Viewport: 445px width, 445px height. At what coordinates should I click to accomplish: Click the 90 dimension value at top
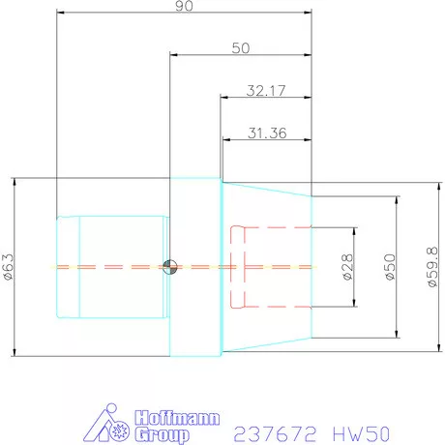[x=184, y=8]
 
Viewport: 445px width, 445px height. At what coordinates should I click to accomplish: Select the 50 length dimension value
[x=241, y=47]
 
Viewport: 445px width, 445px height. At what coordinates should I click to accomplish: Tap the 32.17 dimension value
[x=266, y=91]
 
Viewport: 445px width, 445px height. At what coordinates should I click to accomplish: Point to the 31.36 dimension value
[x=266, y=134]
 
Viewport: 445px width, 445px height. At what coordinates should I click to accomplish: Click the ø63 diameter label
[x=9, y=267]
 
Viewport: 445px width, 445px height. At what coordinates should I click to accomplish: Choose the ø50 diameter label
[x=391, y=266]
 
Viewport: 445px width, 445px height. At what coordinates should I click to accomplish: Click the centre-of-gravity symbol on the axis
[x=170, y=267]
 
